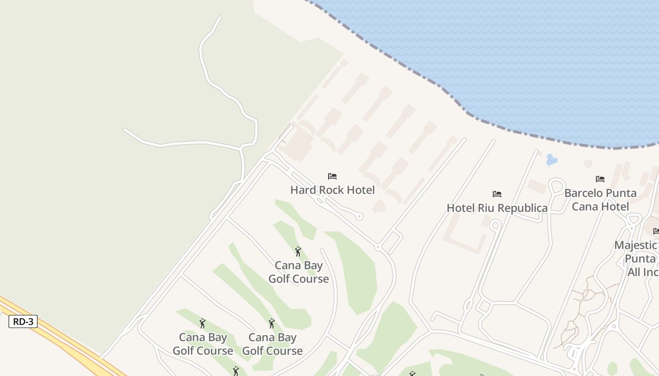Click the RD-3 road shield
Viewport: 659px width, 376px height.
click(23, 321)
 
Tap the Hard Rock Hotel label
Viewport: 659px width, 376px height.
click(332, 190)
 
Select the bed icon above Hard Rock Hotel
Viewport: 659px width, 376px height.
click(332, 176)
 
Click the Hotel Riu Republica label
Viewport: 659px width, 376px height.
click(497, 208)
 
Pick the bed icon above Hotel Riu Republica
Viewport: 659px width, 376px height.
click(497, 194)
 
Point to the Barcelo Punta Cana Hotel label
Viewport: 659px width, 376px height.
click(600, 199)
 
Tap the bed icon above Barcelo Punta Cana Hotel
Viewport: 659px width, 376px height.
click(600, 179)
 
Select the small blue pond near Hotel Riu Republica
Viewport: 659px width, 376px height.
click(551, 160)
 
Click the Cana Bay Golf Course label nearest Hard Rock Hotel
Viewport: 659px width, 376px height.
click(298, 272)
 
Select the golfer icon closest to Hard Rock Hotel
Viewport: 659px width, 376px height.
click(297, 251)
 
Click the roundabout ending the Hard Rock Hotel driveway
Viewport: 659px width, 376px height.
click(359, 217)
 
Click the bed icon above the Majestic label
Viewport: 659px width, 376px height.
click(656, 231)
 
